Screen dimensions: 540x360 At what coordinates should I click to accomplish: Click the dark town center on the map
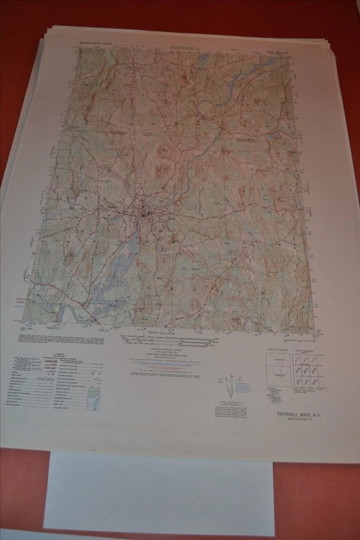click(x=143, y=215)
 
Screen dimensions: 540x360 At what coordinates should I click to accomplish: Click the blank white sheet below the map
click(x=159, y=492)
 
